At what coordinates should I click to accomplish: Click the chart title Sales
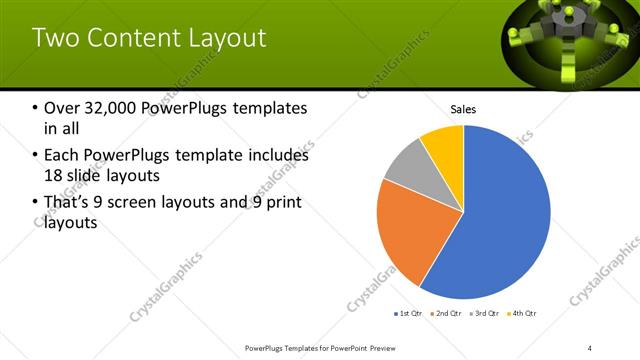(463, 109)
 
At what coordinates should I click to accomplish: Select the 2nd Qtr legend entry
(446, 314)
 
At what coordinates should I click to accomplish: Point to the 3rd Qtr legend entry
(485, 314)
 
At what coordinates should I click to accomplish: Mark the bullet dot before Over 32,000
(37, 108)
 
